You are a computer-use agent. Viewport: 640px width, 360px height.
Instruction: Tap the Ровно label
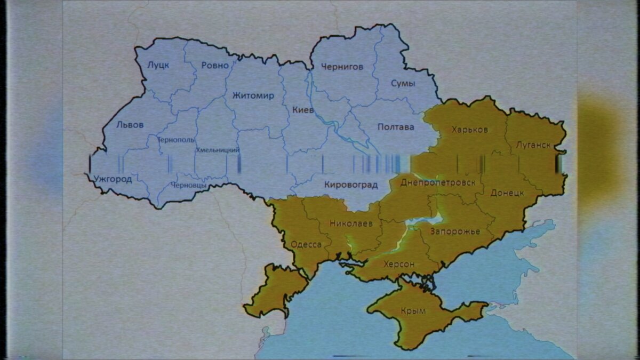(215, 66)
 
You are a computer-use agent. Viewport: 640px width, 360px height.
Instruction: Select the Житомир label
(253, 96)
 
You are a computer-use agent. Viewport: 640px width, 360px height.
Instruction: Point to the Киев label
(303, 110)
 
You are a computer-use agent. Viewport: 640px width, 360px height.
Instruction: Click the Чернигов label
(342, 67)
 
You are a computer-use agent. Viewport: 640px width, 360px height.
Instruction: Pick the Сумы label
(403, 83)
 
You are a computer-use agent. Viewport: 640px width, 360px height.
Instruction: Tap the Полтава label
(395, 127)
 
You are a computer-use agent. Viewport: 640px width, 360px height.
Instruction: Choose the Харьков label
(469, 130)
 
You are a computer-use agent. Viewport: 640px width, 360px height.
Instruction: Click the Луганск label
(533, 145)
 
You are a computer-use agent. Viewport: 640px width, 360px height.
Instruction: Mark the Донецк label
(507, 193)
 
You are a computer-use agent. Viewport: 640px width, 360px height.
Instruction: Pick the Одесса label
(306, 245)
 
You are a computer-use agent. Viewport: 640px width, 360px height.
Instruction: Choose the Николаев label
(351, 224)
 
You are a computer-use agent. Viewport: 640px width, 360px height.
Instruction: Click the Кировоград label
(351, 185)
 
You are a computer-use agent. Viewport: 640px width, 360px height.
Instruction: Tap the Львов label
(130, 125)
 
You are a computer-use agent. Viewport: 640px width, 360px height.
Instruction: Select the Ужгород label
(113, 179)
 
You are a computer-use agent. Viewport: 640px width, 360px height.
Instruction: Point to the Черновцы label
(189, 185)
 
